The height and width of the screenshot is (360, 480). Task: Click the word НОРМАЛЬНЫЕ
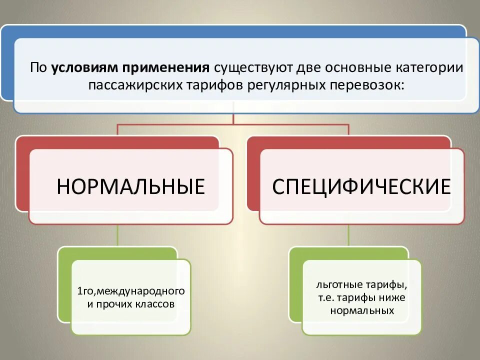point(130,186)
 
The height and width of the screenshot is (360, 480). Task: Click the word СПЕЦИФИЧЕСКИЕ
point(361,186)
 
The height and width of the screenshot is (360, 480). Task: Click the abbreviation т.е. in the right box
point(325,298)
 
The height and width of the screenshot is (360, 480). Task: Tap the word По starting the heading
point(38,67)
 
